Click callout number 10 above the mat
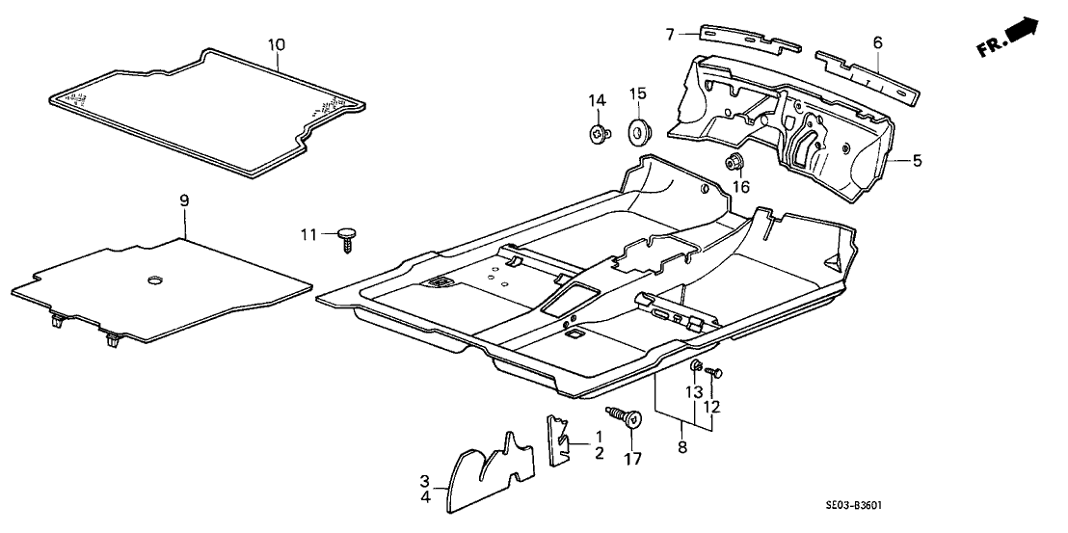pos(277,43)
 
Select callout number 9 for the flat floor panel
pos(184,200)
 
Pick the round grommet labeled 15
pos(637,129)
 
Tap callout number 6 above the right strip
pos(877,42)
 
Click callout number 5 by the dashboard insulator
pos(917,161)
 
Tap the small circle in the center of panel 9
pos(153,280)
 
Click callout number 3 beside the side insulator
pos(424,480)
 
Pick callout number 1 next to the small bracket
pos(598,436)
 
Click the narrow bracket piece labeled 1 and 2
pos(557,440)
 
